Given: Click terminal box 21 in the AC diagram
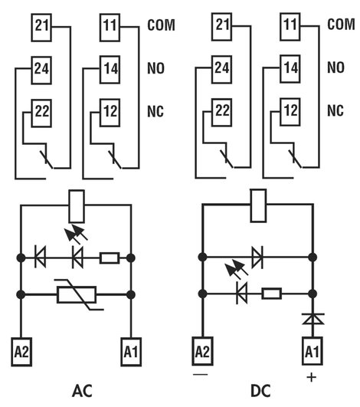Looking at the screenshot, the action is point(41,28).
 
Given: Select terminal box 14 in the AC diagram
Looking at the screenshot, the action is point(110,70).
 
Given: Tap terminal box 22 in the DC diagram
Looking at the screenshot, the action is point(222,113).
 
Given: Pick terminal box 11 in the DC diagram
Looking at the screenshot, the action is point(290,27).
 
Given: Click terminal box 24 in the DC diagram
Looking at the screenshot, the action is point(222,69).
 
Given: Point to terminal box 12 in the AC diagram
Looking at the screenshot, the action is point(110,113).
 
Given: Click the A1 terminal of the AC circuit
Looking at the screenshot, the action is point(131,352).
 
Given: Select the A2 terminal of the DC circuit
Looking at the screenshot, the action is point(202,351).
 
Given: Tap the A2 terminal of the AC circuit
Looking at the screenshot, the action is point(21,352).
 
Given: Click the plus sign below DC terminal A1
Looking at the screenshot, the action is point(312,377).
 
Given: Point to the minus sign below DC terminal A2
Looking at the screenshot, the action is point(200,374).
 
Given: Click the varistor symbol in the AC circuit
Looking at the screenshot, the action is point(77,294).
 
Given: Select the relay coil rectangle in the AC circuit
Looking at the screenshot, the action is point(77,206).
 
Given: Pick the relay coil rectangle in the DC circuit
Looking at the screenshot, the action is point(258,205).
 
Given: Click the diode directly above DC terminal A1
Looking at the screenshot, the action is point(313,319).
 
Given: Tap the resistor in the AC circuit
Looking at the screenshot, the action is point(110,258).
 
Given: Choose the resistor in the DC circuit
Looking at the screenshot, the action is point(272,294).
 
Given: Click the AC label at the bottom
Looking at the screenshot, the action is point(82,391).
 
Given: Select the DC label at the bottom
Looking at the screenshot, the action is point(260,391).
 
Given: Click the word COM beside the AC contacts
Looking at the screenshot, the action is point(161,25).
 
